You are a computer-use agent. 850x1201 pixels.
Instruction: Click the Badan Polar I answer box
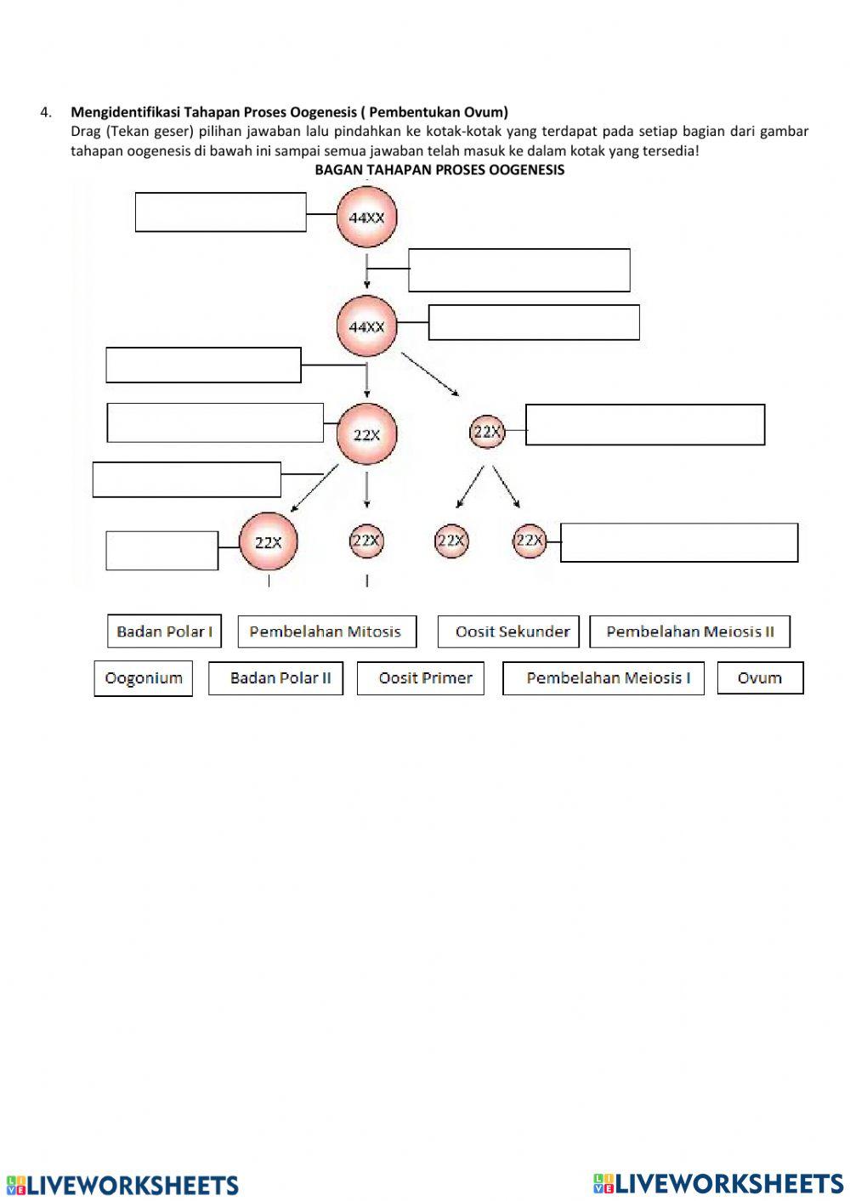[x=164, y=632]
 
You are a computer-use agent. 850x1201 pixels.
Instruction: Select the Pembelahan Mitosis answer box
[x=326, y=632]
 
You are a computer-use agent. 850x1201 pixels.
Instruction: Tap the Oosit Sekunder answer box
[x=508, y=632]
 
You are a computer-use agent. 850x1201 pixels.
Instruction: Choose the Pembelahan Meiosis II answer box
[x=689, y=632]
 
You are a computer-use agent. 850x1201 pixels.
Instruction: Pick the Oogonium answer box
[x=143, y=678]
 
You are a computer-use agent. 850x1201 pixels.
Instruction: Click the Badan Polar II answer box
[x=275, y=678]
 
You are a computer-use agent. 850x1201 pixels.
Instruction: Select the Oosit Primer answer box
[x=420, y=678]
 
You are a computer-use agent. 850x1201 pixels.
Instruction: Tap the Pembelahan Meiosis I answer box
[x=603, y=678]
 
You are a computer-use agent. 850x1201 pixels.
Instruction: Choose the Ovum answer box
[x=760, y=678]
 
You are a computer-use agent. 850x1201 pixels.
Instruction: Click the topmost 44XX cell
[x=366, y=218]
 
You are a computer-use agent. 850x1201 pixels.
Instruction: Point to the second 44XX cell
[x=366, y=326]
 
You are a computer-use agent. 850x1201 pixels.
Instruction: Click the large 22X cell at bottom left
[x=268, y=541]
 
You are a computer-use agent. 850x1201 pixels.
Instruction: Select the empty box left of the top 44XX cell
[x=220, y=212]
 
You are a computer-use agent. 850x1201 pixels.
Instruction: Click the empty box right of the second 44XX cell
[x=534, y=323]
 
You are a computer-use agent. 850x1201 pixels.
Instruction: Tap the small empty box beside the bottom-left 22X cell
[x=161, y=551]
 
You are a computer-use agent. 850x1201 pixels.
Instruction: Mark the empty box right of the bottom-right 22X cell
[x=678, y=542]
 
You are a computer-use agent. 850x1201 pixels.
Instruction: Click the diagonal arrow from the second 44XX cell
[x=430, y=374]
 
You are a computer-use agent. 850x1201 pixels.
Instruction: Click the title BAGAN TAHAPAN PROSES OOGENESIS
[x=439, y=170]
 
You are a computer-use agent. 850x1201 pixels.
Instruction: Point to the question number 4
[x=45, y=112]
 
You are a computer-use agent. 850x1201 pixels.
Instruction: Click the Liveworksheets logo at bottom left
[x=123, y=1185]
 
